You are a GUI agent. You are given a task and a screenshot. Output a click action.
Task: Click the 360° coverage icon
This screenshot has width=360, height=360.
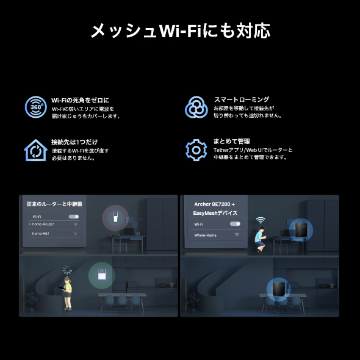(x=35, y=106)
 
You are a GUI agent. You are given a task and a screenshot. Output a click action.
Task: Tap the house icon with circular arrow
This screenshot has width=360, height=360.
(x=35, y=149)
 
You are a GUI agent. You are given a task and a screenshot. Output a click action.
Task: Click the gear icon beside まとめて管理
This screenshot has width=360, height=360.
(x=196, y=149)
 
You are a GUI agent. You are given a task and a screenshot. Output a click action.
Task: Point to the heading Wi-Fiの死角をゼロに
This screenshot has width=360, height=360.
(x=79, y=99)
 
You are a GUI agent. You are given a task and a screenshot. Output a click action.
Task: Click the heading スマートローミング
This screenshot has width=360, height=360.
(x=241, y=99)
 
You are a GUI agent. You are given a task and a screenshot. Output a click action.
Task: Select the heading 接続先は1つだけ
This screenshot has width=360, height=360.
(x=74, y=142)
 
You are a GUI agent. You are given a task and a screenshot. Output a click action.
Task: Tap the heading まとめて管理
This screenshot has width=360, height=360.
(x=231, y=142)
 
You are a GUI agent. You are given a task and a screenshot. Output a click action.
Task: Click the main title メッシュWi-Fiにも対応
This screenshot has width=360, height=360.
(x=180, y=31)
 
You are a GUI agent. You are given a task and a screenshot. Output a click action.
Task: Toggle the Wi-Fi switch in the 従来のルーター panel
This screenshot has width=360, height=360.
(x=74, y=217)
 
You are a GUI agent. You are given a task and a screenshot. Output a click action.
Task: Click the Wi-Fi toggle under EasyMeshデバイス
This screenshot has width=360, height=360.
(x=234, y=225)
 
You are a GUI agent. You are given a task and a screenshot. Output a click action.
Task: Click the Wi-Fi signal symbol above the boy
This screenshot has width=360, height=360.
(x=261, y=220)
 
